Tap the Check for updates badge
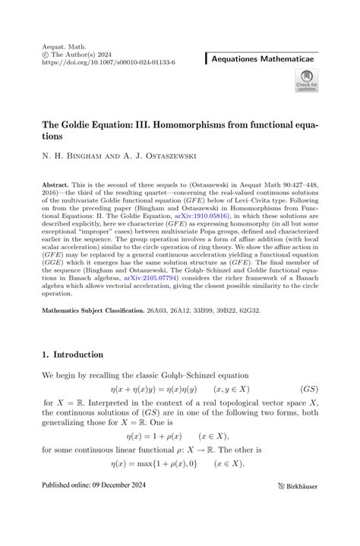(x=306, y=81)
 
